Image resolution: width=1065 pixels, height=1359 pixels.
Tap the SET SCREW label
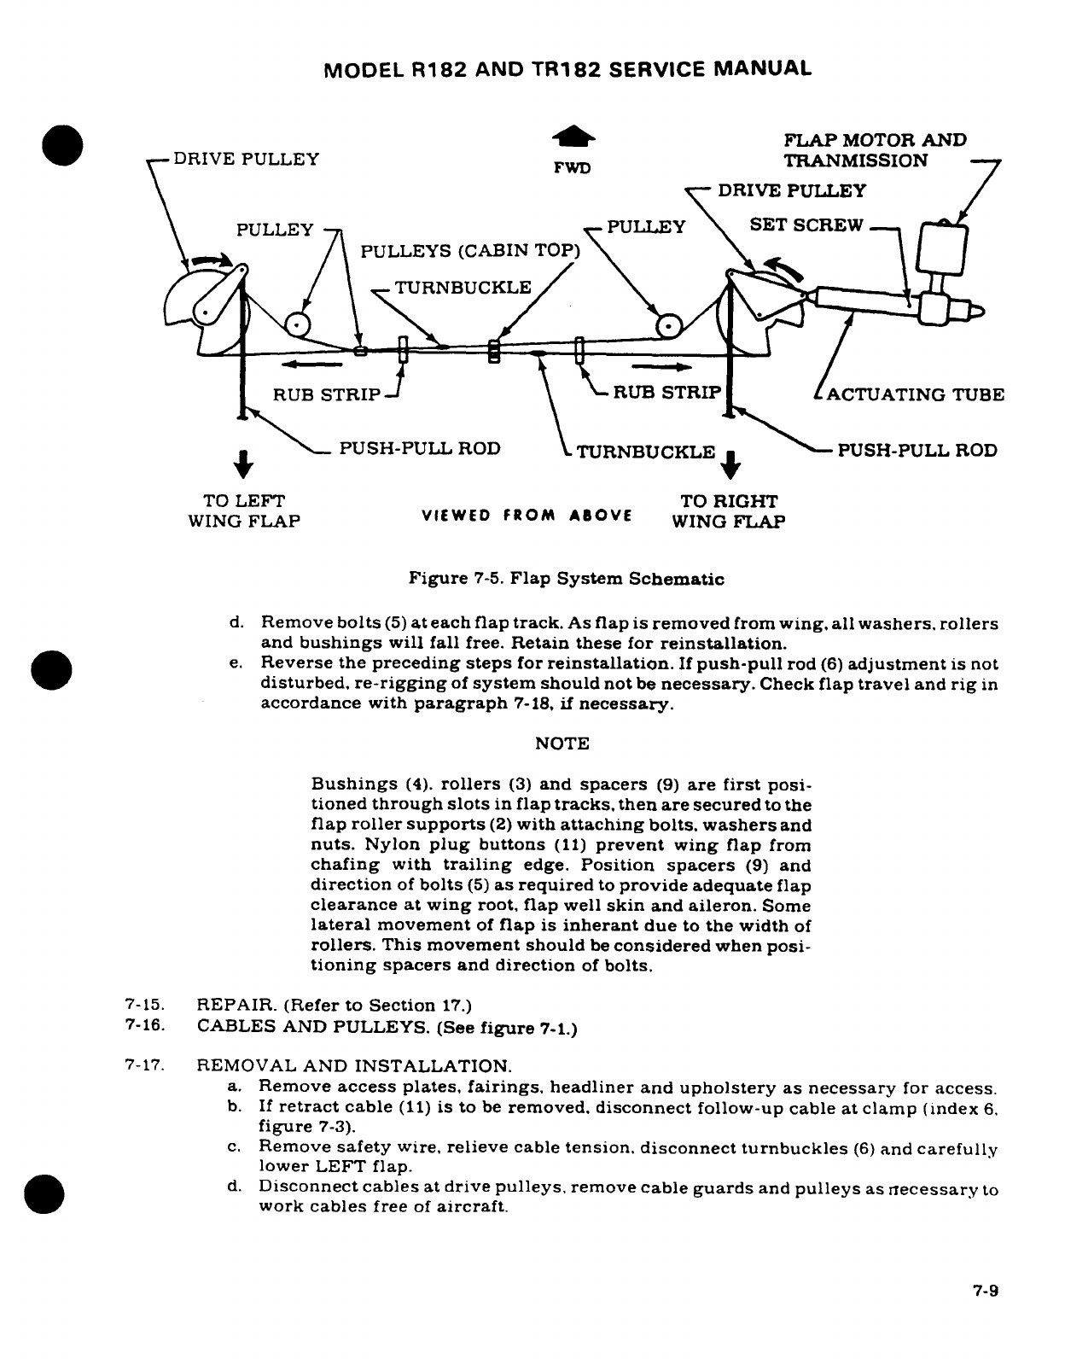[806, 225]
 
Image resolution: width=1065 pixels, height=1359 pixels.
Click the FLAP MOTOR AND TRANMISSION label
[875, 150]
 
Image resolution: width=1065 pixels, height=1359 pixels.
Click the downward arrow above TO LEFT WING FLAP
[243, 464]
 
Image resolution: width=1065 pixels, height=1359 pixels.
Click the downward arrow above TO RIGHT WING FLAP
[731, 466]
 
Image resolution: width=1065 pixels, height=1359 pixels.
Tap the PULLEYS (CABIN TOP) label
[470, 251]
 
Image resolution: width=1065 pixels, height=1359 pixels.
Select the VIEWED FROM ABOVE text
[527, 516]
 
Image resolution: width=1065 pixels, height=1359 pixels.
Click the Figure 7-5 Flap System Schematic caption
[567, 579]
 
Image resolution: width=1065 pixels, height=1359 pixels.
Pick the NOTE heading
[562, 744]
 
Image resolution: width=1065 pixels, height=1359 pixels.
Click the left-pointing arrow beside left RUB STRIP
[311, 365]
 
